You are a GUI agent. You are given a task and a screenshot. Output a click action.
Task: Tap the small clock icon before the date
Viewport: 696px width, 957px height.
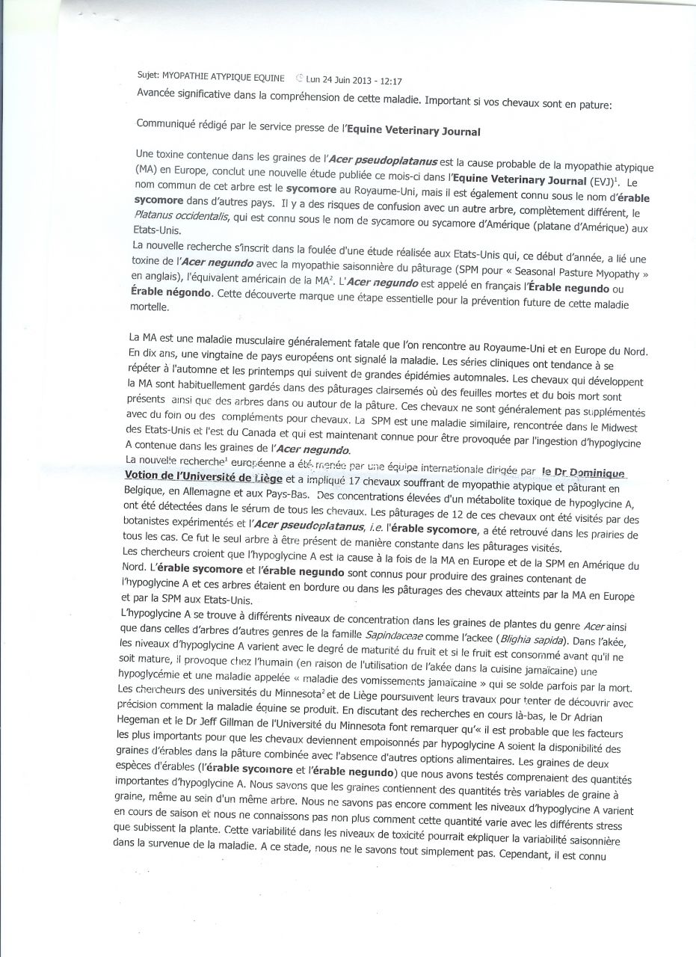click(299, 77)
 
